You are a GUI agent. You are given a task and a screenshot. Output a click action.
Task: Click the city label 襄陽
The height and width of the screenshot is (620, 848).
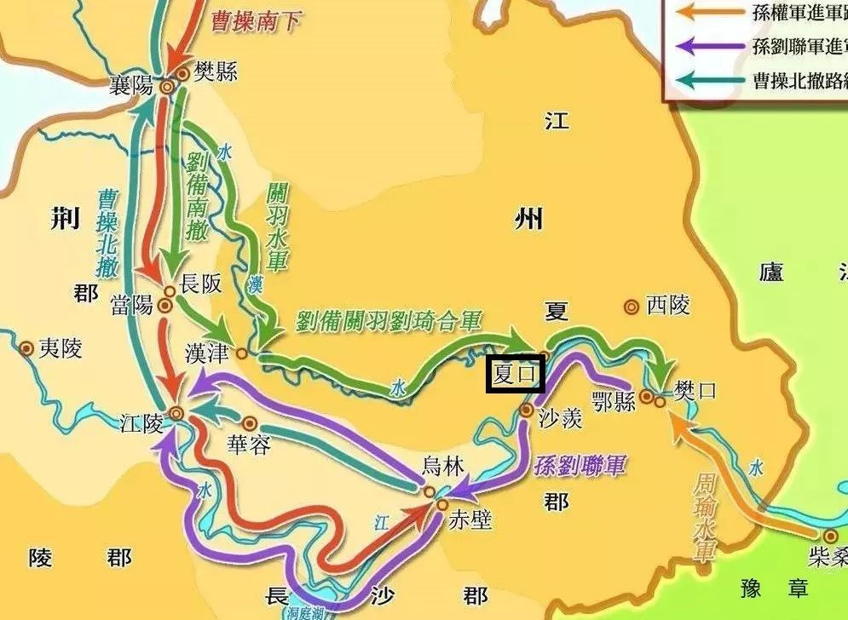(132, 84)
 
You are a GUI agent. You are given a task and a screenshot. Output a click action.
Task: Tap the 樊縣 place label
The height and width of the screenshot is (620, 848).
(215, 72)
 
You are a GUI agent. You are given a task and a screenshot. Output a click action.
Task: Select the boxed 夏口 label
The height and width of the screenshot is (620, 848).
(515, 375)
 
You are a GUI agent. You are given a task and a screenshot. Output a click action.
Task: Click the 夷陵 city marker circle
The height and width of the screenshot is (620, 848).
(26, 347)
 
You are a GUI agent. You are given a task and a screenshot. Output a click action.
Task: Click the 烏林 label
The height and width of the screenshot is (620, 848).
(444, 466)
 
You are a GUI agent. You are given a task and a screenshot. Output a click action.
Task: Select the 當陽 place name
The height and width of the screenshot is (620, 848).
(134, 303)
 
